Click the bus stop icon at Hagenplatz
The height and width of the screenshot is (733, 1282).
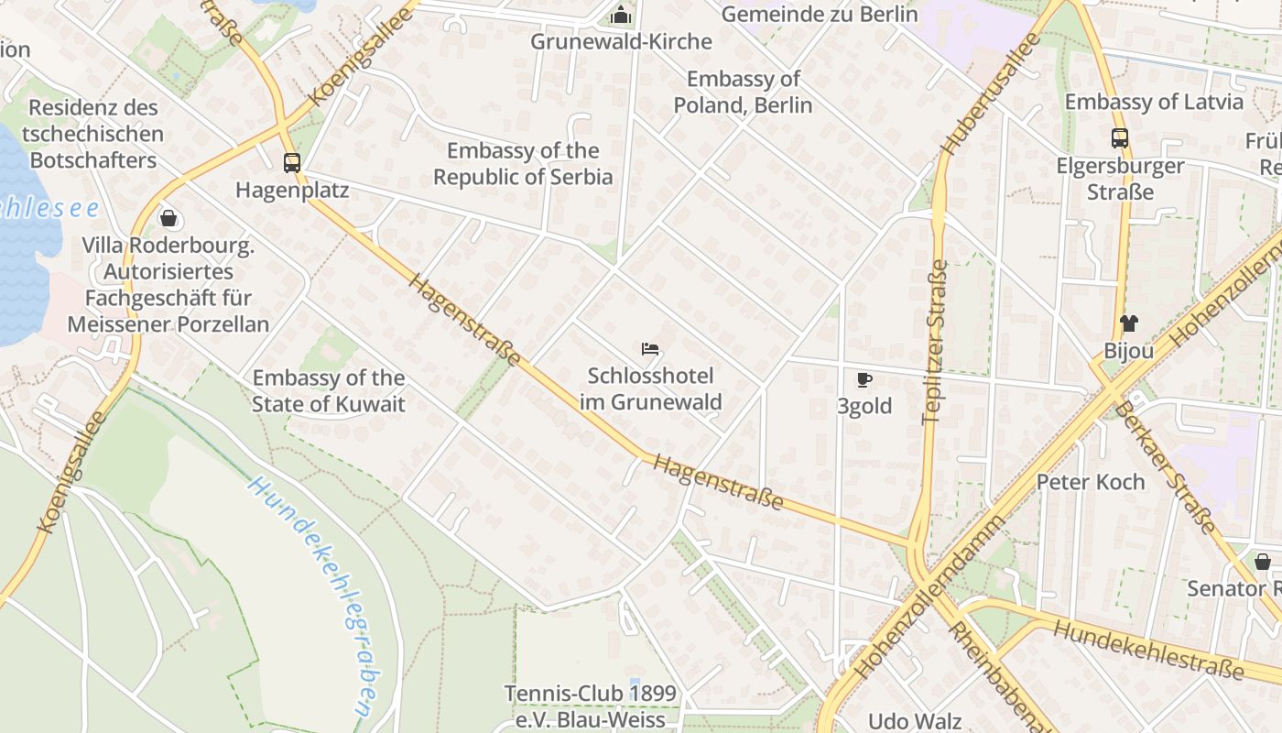[x=292, y=163]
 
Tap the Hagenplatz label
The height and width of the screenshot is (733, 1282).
[x=292, y=191]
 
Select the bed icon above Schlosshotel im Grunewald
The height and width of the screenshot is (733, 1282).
[x=650, y=349]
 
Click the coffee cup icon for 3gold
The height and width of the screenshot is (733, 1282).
[x=864, y=379]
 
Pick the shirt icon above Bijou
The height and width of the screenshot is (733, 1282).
[x=1128, y=323]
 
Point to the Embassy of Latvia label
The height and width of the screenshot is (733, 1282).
[x=1154, y=102]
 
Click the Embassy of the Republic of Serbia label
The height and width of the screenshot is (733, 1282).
[x=523, y=164]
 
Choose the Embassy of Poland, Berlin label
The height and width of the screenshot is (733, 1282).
[x=743, y=92]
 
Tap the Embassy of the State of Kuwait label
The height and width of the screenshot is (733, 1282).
[x=328, y=390]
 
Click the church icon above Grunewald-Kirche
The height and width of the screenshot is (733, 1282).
[x=621, y=15]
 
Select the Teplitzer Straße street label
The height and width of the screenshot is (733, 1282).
[x=935, y=342]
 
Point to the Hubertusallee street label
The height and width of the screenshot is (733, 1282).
[x=993, y=93]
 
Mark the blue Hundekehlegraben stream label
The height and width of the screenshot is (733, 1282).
[x=314, y=596]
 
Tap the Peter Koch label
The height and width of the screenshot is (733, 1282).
[x=1091, y=482]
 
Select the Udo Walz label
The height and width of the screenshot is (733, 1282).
[x=915, y=721]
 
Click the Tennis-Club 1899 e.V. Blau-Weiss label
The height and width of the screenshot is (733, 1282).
[x=591, y=706]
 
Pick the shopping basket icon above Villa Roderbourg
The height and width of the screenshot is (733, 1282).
[x=168, y=218]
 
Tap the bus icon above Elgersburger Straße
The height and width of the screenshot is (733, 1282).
[x=1119, y=138]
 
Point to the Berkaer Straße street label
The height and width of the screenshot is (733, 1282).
[x=1164, y=467]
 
